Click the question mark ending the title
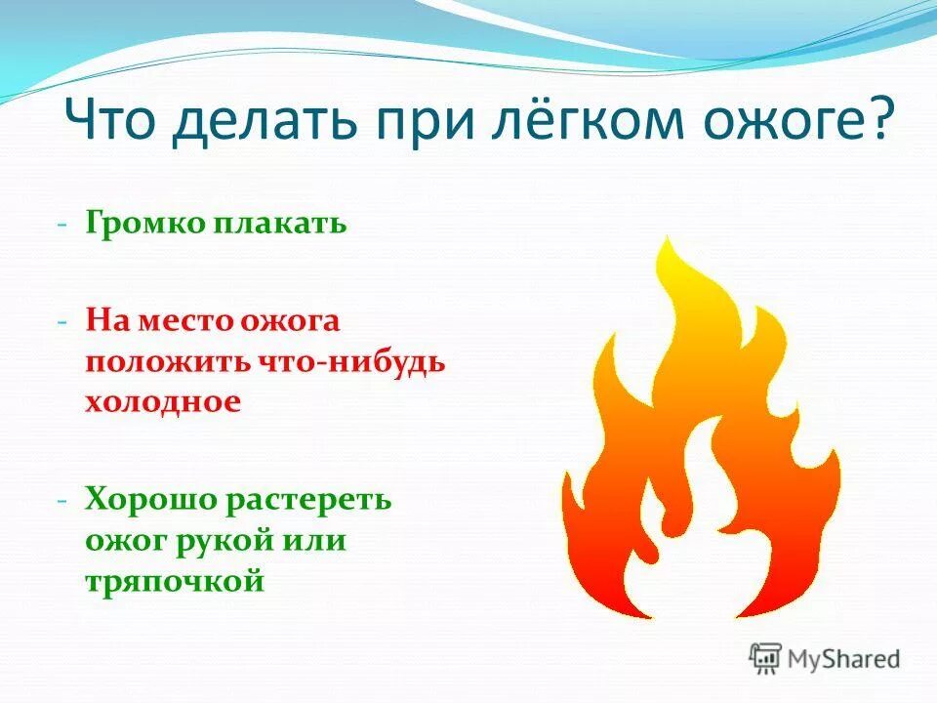coord(878,125)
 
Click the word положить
coord(168,361)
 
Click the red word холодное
coord(162,401)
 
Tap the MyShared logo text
coord(844,658)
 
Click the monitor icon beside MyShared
coord(766,657)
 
